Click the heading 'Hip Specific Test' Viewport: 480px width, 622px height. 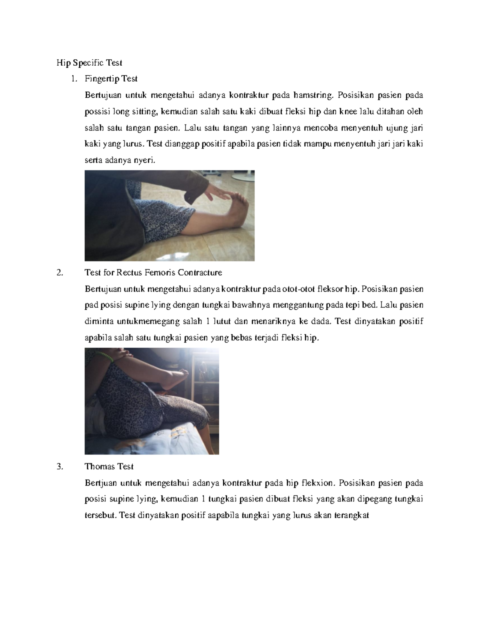(89, 63)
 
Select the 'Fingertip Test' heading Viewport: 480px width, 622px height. (111, 79)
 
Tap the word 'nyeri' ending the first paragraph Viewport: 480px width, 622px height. (144, 160)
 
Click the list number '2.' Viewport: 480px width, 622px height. (60, 273)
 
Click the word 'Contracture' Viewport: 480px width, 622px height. (200, 273)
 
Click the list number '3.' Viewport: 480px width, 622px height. (60, 467)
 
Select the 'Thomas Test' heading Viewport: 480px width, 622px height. (109, 467)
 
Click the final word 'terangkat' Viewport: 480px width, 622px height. (351, 515)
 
